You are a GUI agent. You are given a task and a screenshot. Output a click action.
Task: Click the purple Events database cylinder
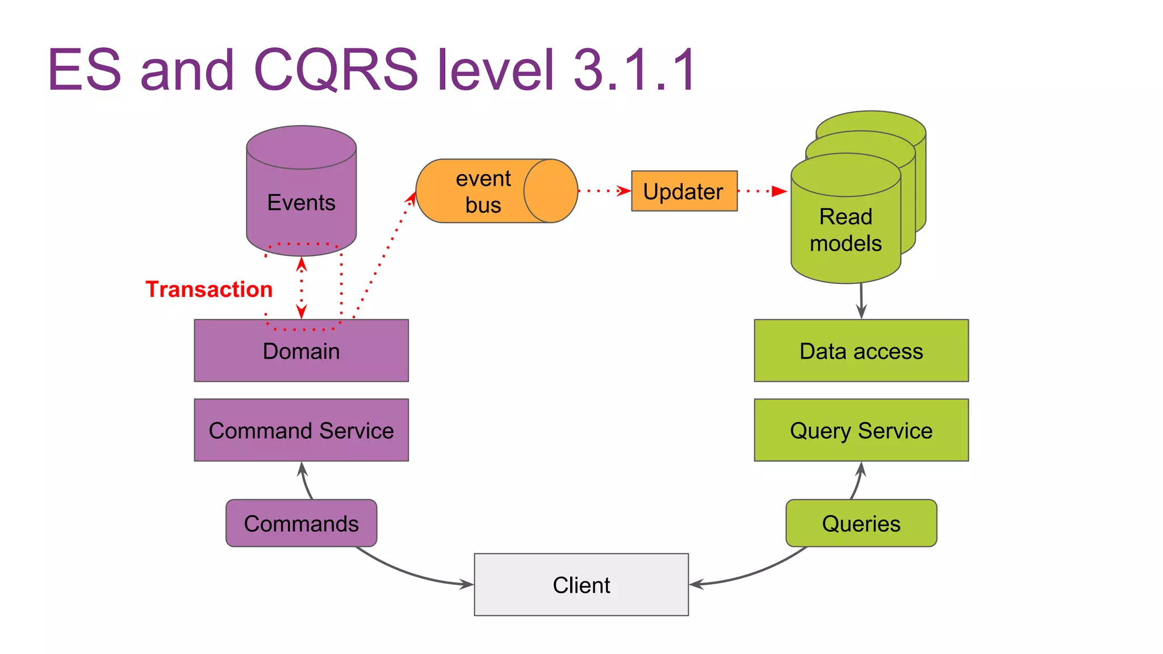(301, 193)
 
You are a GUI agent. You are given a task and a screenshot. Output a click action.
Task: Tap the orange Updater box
(684, 191)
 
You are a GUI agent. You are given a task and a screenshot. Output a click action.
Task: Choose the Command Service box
(301, 430)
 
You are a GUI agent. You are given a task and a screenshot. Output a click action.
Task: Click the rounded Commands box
(301, 523)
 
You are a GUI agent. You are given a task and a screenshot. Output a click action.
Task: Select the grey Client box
(581, 585)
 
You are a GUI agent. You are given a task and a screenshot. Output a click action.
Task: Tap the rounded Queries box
(861, 523)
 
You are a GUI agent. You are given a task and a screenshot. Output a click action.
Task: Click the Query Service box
(861, 430)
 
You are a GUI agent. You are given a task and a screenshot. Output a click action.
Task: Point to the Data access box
(861, 351)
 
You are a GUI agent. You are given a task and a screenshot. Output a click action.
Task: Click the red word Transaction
(209, 290)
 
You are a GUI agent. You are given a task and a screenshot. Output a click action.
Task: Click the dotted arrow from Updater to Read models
(761, 191)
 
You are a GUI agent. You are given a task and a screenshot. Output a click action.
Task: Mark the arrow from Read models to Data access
(861, 301)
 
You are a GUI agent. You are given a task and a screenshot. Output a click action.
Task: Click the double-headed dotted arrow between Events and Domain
(302, 287)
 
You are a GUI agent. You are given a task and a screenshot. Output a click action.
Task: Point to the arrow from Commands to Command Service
(306, 481)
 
